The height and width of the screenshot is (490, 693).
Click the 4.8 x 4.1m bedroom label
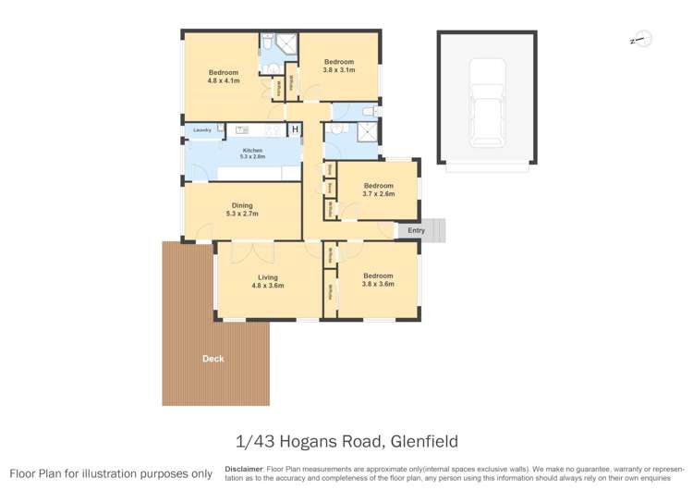click(223, 77)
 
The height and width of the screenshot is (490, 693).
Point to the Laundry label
click(201, 130)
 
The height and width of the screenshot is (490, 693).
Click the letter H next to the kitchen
click(295, 129)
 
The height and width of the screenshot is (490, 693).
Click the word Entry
click(416, 230)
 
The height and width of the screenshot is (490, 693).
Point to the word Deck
click(213, 359)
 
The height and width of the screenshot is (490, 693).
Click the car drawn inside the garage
click(486, 102)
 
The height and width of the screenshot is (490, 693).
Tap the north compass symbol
click(641, 39)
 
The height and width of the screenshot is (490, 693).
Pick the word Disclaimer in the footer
click(245, 469)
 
